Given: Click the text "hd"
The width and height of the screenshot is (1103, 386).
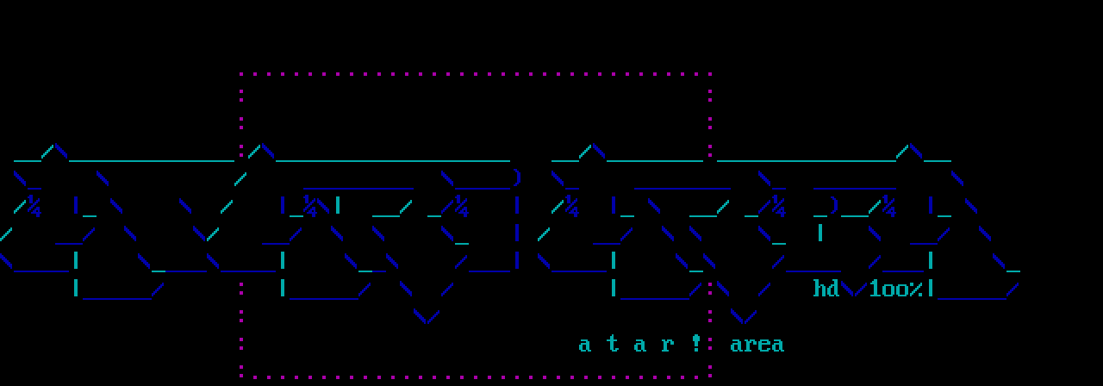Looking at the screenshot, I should point(826,289).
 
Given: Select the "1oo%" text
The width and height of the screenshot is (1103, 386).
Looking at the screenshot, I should point(895,289).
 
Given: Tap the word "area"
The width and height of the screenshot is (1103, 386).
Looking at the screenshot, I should point(757,345).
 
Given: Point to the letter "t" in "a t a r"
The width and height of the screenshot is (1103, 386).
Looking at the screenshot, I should point(613,345).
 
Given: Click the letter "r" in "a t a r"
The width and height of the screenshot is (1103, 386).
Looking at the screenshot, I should point(668,345).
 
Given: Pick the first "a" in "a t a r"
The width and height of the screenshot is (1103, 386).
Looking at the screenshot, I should point(585,345).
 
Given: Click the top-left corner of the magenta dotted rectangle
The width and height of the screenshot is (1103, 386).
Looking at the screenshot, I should point(241,75).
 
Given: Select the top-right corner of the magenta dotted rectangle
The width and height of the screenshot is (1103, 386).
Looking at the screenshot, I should point(710,75).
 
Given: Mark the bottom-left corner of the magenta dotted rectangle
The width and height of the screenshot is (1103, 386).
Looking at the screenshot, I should point(241,376).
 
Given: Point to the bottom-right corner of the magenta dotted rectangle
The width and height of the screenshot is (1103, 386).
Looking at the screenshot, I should point(710,376).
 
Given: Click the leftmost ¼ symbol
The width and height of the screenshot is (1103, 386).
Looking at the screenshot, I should point(34,207).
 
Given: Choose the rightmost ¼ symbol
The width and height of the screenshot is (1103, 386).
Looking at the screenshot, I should point(888,207).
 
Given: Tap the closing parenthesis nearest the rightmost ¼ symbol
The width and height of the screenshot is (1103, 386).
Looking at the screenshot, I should point(833,206).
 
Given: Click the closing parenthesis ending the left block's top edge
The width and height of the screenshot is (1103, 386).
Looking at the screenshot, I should point(516,178).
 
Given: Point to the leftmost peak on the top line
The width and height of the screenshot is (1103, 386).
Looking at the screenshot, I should point(54,148).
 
